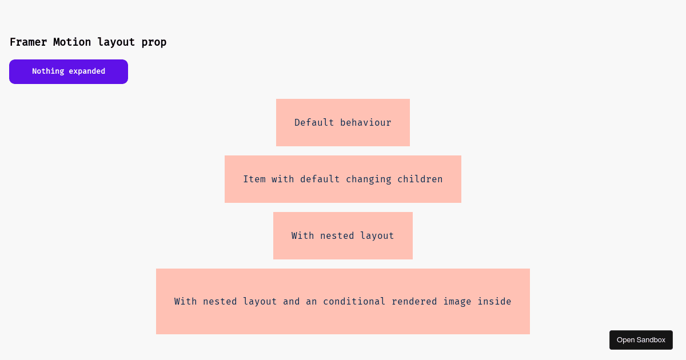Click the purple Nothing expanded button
69,71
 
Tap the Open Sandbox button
641,340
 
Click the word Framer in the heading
28,42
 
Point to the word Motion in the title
72,42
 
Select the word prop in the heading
154,42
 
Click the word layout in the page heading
116,42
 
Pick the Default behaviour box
343,122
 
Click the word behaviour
366,122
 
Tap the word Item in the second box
254,179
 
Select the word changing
369,179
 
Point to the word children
420,179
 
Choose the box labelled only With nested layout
343,235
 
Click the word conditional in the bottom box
354,302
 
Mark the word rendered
414,302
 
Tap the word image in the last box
457,302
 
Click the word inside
494,302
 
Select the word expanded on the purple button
87,71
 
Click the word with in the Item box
282,179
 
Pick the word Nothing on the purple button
48,71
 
